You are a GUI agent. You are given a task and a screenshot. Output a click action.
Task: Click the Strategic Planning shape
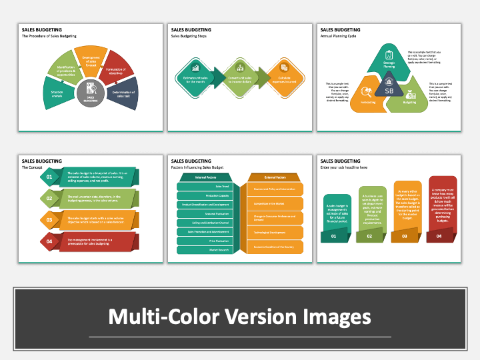pyautogui.click(x=389, y=61)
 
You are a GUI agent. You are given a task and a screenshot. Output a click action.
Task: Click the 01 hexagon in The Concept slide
pyautogui.click(x=48, y=177)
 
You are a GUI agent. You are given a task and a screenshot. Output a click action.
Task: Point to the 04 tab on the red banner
pyautogui.click(x=440, y=236)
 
